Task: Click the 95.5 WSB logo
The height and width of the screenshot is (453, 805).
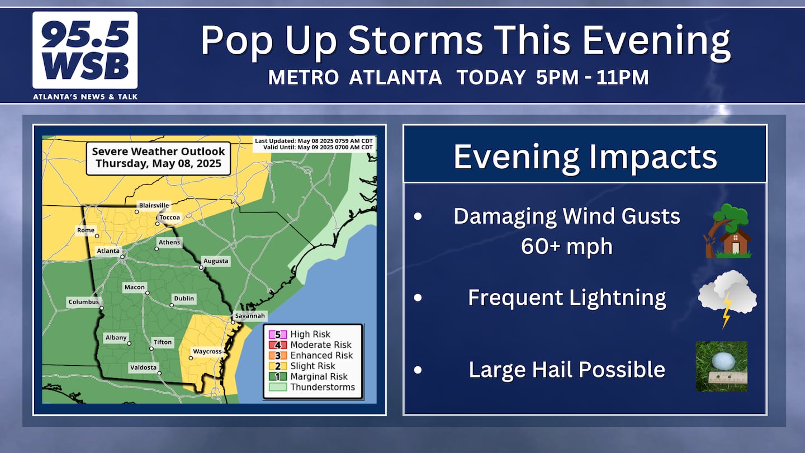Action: coord(85,50)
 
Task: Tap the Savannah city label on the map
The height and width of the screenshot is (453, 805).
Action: coord(250,315)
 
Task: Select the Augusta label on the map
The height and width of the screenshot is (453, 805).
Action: coord(216,261)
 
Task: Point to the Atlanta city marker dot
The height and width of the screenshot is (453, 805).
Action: coord(122,257)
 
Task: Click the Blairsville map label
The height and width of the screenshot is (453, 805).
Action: coord(154,205)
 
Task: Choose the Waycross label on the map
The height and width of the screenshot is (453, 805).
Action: coord(207,351)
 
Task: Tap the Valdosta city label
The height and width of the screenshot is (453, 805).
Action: coord(143,367)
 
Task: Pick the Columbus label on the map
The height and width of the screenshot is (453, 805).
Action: coord(84,302)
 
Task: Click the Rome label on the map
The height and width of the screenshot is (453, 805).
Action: coord(86,230)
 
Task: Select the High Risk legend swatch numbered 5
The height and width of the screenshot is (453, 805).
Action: coord(278,334)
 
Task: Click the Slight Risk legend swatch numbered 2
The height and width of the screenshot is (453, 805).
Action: coord(278,366)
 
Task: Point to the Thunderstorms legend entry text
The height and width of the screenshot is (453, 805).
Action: coord(323,387)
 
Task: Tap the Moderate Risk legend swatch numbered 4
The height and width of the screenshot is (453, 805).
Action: coord(278,345)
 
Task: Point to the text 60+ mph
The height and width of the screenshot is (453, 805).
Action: coord(567,246)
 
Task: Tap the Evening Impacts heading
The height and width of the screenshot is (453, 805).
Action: coord(585,157)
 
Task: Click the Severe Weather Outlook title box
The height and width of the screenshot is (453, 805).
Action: coord(158,158)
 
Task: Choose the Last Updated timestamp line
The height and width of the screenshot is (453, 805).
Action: coord(314,140)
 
